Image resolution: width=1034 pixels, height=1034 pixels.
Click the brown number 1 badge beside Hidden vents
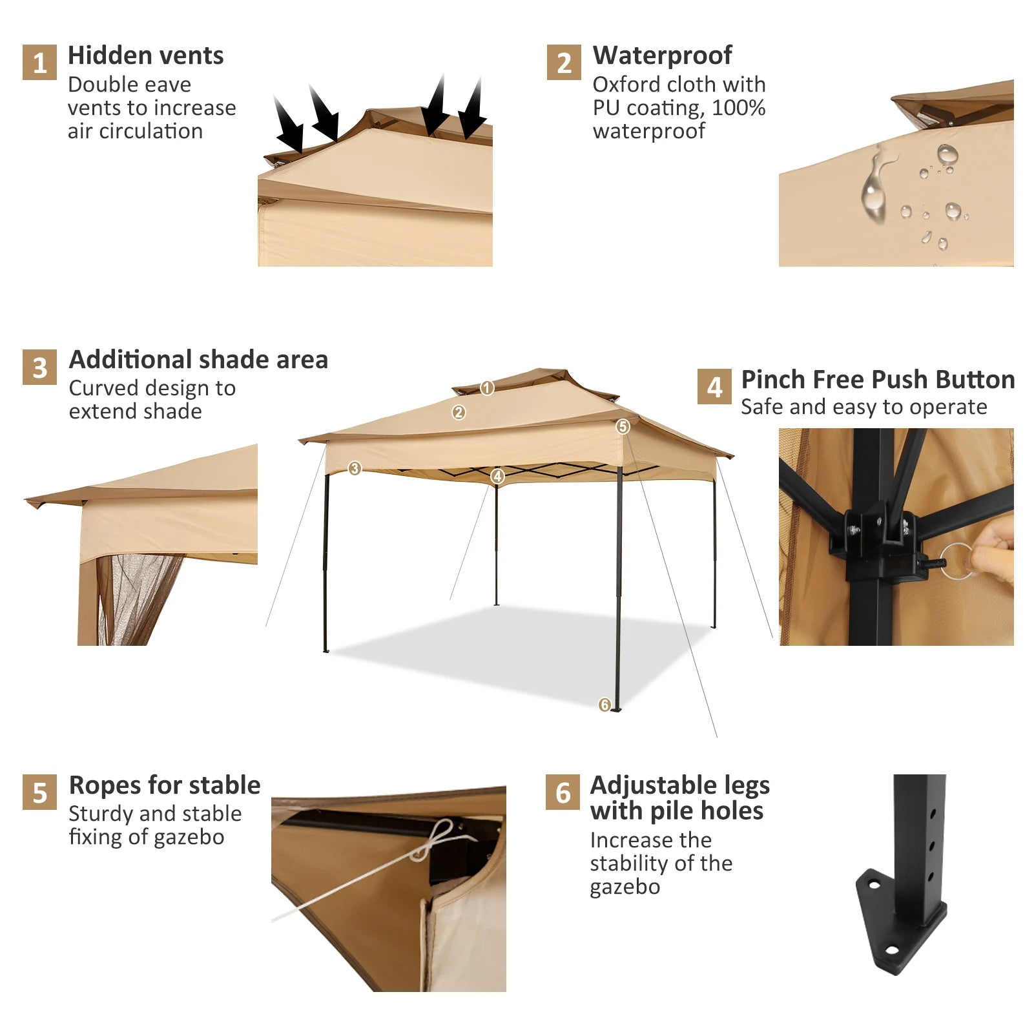pos(39,63)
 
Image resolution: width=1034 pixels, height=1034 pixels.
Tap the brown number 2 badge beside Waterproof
pos(564,63)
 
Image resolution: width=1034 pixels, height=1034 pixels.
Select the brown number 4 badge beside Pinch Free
pos(714,387)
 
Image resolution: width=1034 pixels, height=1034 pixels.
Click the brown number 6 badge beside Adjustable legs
pos(563,792)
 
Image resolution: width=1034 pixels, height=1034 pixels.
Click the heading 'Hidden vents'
pos(145,56)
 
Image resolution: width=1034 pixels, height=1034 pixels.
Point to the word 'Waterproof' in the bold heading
pos(662,56)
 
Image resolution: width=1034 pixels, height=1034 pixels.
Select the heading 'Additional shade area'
pos(198,359)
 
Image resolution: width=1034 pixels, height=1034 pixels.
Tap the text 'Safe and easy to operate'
pos(863,407)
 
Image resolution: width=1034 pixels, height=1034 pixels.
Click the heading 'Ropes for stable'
pos(165,785)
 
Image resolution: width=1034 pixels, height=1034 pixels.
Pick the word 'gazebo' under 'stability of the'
pos(625,887)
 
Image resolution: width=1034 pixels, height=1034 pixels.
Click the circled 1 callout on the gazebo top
pos(487,388)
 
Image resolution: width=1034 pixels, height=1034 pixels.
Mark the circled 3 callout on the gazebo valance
pos(355,468)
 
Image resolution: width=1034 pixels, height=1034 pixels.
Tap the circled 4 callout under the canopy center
pos(497,477)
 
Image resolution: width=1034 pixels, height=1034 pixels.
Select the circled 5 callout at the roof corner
pos(623,426)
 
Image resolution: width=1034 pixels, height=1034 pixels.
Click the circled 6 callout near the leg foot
pos(605,705)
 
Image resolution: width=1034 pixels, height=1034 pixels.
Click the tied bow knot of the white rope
pos(434,840)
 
